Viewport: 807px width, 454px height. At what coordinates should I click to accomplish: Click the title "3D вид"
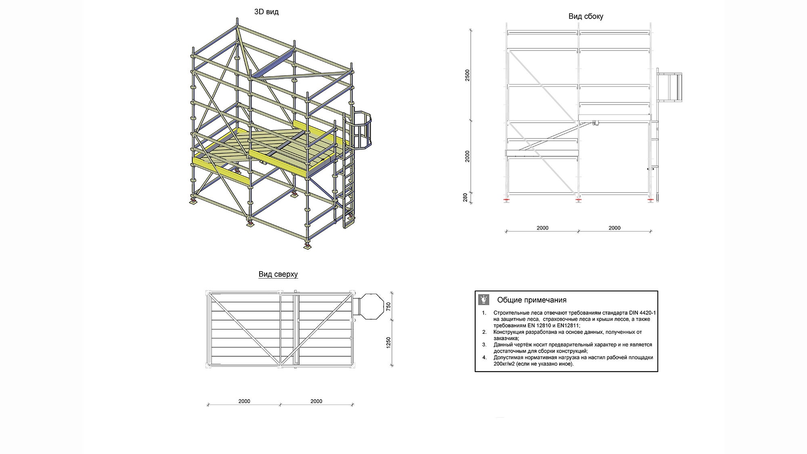click(x=266, y=12)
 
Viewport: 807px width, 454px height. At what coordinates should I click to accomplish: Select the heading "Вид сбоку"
click(x=585, y=17)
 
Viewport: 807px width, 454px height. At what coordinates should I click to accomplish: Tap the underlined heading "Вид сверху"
click(x=278, y=274)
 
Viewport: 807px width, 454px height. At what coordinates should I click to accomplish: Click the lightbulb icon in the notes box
click(x=483, y=299)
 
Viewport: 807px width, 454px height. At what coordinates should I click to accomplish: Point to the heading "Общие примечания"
click(x=532, y=300)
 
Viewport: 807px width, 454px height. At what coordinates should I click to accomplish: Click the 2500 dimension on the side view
click(x=467, y=75)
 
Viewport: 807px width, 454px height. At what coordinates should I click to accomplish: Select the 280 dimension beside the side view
click(x=465, y=197)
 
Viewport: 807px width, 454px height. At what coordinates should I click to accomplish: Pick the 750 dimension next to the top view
click(x=389, y=306)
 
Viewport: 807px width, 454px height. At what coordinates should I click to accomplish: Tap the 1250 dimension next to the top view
click(x=389, y=343)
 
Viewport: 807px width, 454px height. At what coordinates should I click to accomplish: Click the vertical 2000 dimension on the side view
click(x=467, y=157)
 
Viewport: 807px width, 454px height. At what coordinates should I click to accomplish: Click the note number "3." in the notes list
click(x=484, y=345)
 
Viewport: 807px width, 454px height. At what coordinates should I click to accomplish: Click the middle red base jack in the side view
click(x=578, y=200)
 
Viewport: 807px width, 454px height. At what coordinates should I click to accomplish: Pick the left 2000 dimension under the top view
click(x=244, y=401)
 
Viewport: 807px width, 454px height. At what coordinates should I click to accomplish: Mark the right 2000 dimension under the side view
click(x=614, y=228)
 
